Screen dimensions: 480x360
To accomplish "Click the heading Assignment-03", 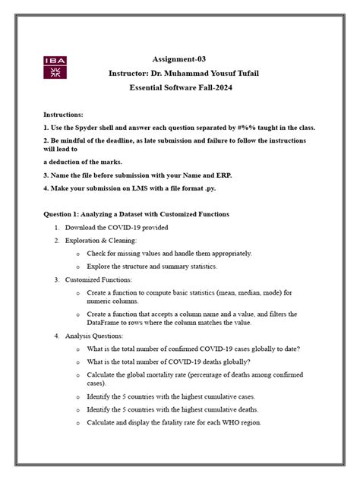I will (200, 58).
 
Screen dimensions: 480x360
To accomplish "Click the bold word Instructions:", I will (67, 113).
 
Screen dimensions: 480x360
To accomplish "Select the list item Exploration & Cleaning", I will (101, 240).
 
